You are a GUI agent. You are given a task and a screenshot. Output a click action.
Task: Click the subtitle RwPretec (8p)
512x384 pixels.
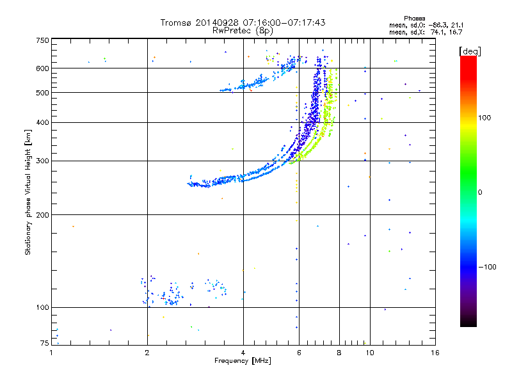(243, 31)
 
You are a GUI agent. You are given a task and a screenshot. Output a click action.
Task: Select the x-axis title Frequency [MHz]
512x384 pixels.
(243, 360)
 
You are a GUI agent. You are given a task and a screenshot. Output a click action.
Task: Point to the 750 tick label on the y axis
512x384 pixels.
(42, 40)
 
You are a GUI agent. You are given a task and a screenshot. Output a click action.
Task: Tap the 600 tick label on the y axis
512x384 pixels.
(42, 68)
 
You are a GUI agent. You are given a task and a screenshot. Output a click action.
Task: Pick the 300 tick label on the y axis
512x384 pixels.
(42, 161)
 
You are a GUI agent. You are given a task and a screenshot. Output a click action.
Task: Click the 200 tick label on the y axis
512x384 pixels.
(42, 214)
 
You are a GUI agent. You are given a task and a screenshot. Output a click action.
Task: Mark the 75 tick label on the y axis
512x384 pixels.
(45, 343)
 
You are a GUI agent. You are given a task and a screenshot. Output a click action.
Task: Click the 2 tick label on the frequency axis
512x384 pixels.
(147, 353)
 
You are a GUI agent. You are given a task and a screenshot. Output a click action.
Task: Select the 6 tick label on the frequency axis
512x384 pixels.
(299, 353)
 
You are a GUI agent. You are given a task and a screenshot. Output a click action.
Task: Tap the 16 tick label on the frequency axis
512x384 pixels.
(435, 353)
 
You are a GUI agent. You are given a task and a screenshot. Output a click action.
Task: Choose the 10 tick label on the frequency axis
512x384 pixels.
(370, 353)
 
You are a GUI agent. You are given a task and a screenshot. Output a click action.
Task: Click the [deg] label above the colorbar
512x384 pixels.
(470, 52)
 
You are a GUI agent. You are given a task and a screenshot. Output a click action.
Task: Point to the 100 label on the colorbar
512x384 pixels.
(484, 118)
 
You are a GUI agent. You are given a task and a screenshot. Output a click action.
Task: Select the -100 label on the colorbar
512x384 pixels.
(487, 267)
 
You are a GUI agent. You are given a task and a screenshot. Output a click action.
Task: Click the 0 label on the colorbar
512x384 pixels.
(480, 193)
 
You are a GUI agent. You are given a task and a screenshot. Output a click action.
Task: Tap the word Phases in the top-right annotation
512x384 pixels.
(414, 19)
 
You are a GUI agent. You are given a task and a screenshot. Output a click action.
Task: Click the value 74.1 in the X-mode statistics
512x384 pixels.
(437, 32)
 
